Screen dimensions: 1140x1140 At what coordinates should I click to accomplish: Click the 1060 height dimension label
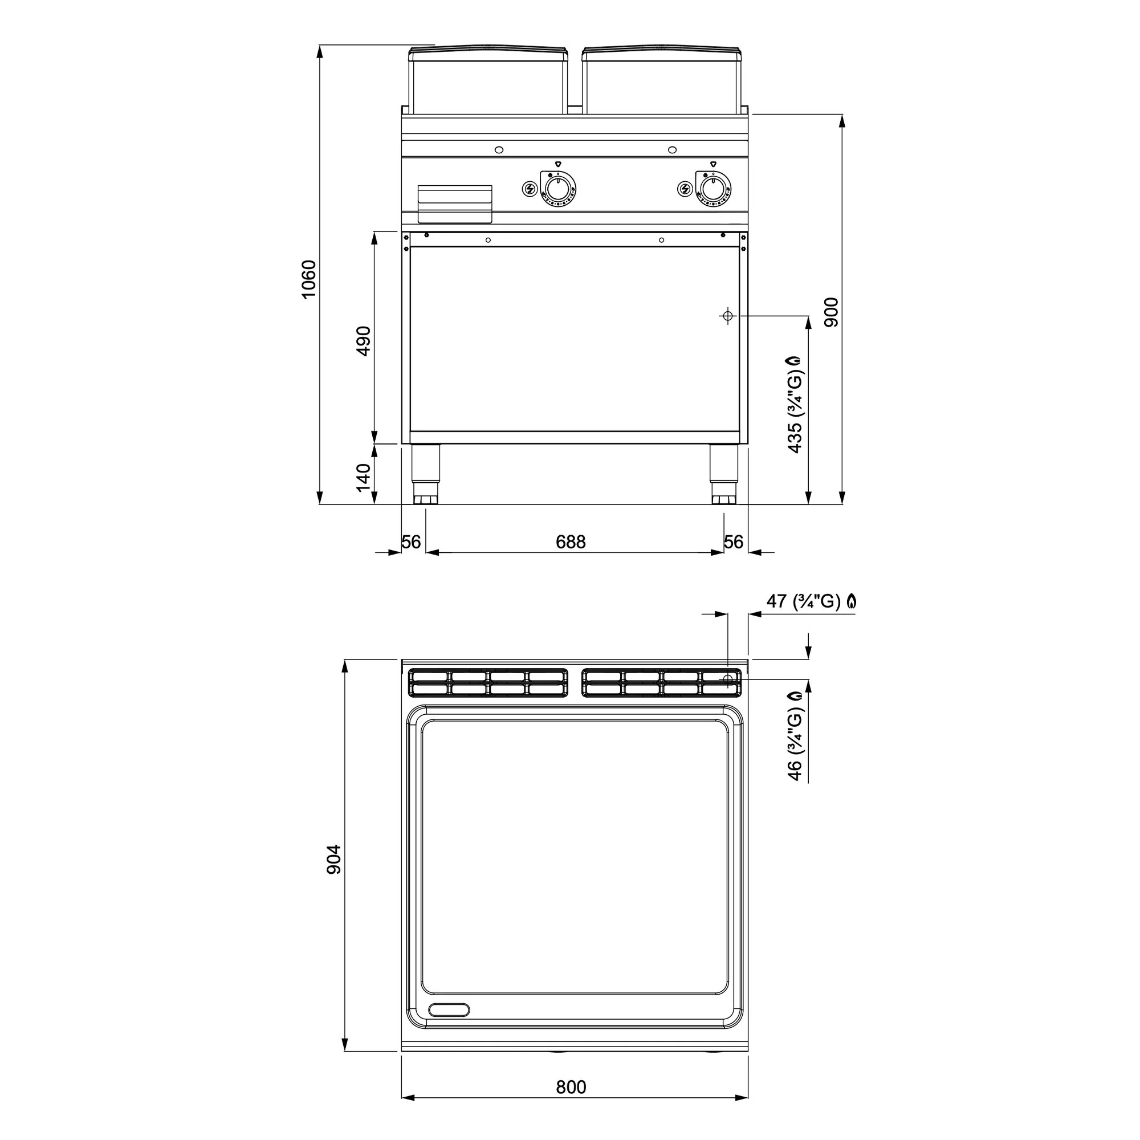[x=308, y=279]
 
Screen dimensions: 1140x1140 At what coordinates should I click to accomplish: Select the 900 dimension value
[x=831, y=312]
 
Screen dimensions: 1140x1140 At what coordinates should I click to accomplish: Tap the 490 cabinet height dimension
[x=364, y=341]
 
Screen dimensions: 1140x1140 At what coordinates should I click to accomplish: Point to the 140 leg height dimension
[x=364, y=477]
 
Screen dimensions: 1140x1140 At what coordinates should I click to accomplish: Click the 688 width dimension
[x=571, y=541]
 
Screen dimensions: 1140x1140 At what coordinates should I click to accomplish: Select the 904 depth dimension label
[x=334, y=860]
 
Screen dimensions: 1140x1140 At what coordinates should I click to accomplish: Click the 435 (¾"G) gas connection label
[x=795, y=405]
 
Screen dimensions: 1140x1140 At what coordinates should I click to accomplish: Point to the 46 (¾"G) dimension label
[x=795, y=736]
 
